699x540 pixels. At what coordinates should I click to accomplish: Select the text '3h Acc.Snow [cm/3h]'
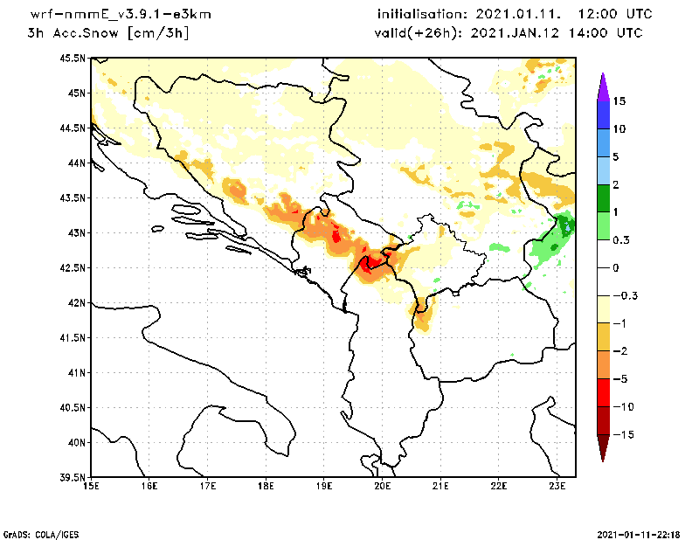coord(108,33)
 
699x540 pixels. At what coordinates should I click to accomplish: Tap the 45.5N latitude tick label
coord(73,59)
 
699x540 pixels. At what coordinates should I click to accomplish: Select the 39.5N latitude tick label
coord(73,478)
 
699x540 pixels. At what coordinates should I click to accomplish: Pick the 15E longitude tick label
coord(91,487)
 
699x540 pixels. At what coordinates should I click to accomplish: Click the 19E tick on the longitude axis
coord(324,487)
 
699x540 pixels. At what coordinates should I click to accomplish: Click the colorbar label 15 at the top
coord(619,101)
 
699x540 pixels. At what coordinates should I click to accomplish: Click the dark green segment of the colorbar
coord(603,198)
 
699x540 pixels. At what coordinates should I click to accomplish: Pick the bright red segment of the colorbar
coord(603,392)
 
